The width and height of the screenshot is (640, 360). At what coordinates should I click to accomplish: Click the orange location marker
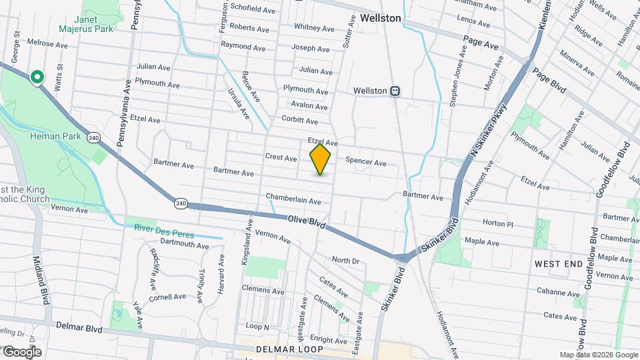click(x=321, y=159)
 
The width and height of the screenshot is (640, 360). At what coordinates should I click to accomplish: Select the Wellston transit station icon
click(x=395, y=91)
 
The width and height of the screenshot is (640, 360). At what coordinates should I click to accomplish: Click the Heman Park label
click(x=55, y=137)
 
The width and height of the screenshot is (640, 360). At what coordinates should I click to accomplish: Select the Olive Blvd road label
click(x=307, y=223)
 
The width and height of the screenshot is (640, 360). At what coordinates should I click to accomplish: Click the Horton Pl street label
click(x=497, y=224)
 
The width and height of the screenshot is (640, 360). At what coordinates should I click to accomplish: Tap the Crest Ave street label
click(x=281, y=158)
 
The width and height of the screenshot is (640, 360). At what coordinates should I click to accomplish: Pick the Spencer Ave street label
click(x=366, y=163)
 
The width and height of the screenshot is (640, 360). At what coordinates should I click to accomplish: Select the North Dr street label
click(x=345, y=261)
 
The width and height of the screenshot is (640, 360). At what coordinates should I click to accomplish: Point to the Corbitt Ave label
click(x=299, y=121)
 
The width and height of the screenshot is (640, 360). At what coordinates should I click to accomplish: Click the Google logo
click(x=21, y=351)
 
